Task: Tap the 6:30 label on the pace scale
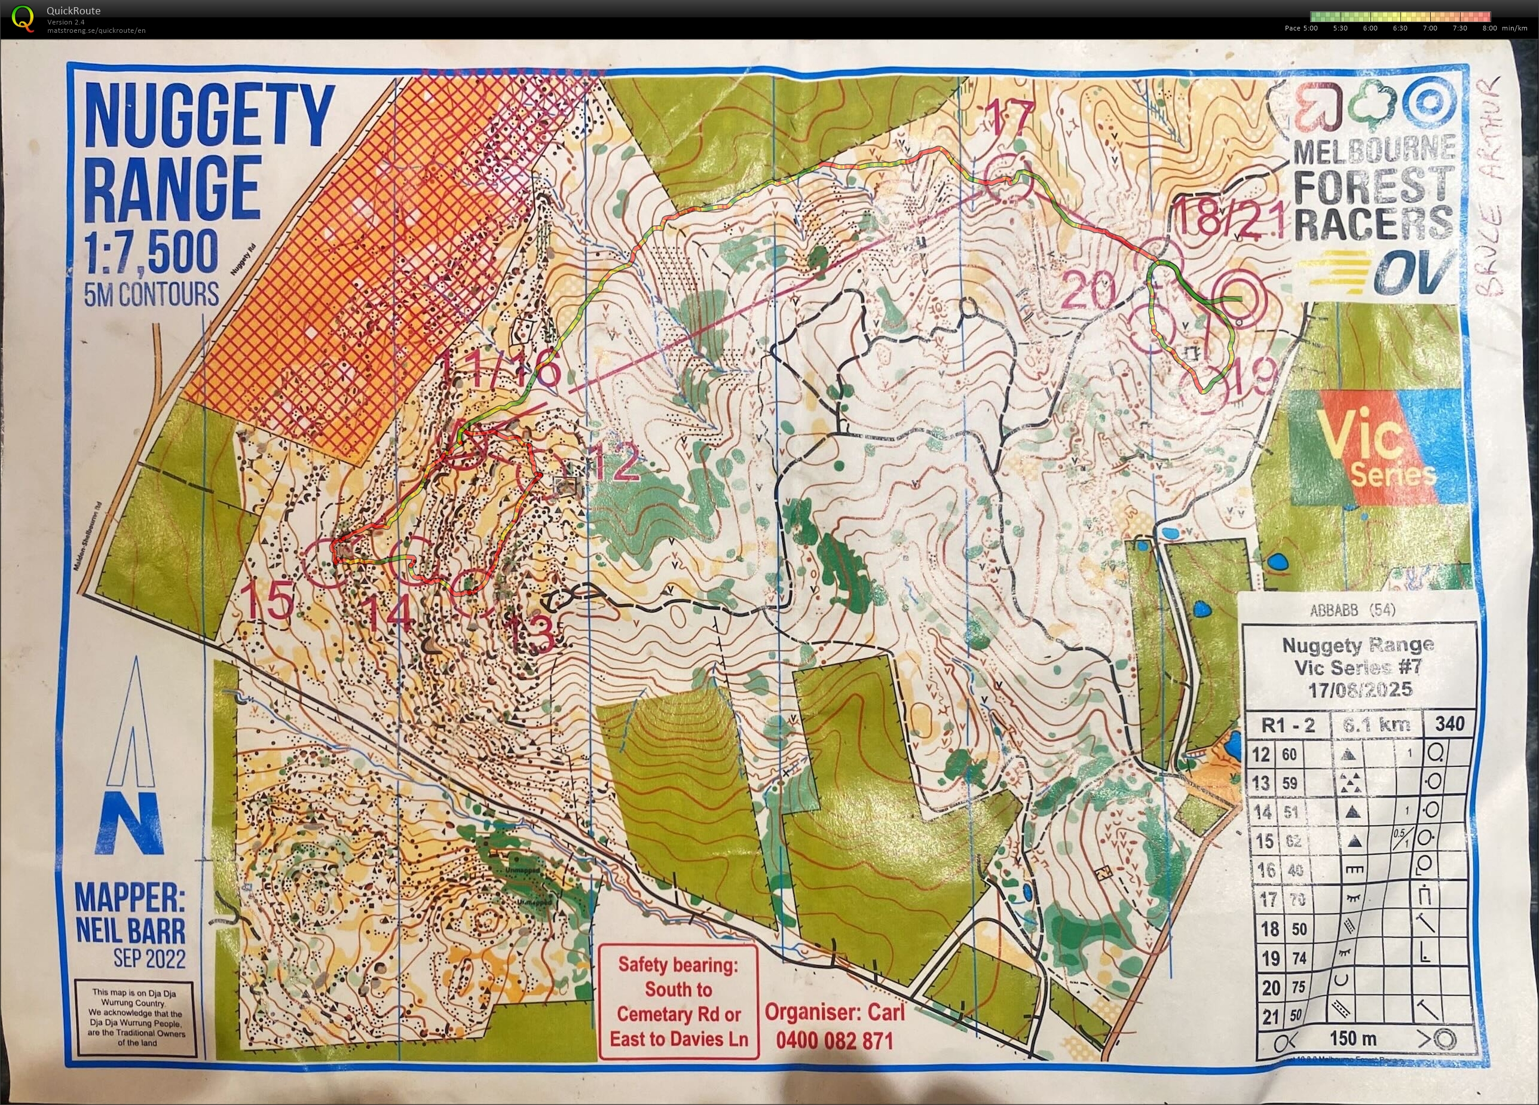point(1400,29)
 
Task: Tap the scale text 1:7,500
point(151,253)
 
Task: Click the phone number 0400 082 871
point(834,1040)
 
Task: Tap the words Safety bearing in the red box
point(678,964)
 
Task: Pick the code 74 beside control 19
point(1298,959)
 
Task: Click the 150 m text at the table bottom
point(1353,1038)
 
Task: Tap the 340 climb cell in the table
point(1449,724)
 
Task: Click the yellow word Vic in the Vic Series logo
point(1360,438)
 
